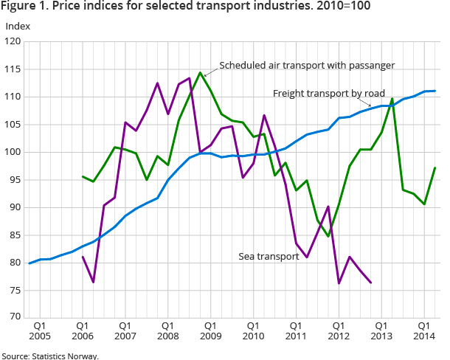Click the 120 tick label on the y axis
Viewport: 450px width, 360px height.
click(13, 41)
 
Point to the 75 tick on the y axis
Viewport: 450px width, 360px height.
click(15, 290)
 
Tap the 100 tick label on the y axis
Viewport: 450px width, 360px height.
click(13, 152)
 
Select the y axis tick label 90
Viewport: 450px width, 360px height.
click(15, 207)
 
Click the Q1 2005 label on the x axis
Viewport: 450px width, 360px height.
click(40, 330)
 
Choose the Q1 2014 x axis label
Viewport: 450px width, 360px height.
click(424, 330)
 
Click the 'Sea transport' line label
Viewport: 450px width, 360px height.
click(269, 257)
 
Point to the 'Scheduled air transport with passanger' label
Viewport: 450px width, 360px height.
click(307, 65)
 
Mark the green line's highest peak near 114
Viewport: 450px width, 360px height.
click(200, 72)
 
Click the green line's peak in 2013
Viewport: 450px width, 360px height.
click(392, 99)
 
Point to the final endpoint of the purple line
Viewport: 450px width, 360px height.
click(370, 283)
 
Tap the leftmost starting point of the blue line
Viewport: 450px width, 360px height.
click(30, 263)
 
